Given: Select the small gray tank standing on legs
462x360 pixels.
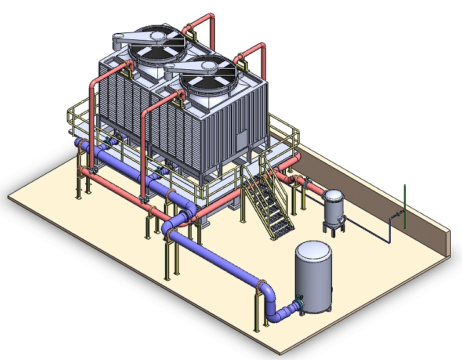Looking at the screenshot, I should [333, 206].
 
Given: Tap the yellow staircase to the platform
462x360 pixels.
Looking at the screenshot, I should [270, 200].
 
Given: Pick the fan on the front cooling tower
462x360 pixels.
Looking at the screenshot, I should [203, 74].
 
